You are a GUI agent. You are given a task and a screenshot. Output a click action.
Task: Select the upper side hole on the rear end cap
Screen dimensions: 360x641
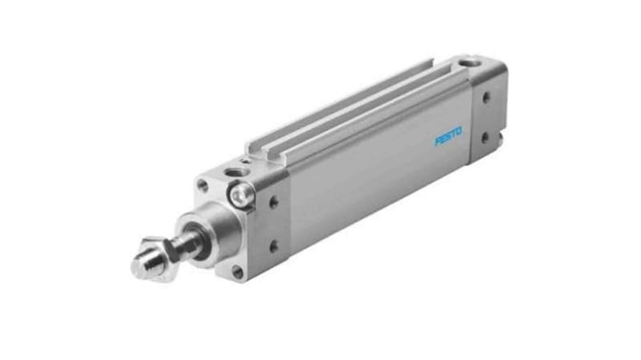(x=486, y=99)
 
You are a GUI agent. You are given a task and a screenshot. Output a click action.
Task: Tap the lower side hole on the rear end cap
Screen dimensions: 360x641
(x=485, y=137)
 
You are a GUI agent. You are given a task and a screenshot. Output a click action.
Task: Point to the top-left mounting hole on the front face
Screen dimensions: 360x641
(x=204, y=187)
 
